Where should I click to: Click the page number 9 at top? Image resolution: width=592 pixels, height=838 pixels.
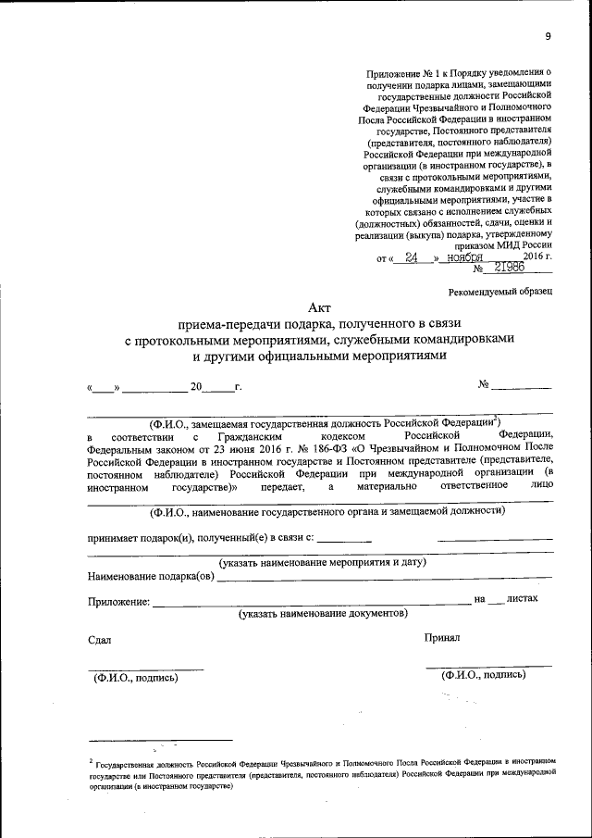pyautogui.click(x=548, y=36)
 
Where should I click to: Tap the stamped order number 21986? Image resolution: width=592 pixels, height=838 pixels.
pyautogui.click(x=510, y=267)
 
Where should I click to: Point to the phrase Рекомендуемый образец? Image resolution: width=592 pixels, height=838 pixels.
pyautogui.click(x=499, y=291)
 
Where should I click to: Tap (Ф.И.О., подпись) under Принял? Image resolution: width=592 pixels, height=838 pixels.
pyautogui.click(x=484, y=675)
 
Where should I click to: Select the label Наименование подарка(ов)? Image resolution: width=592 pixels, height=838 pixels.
pyautogui.click(x=152, y=577)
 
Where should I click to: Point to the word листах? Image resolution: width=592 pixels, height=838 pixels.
pyautogui.click(x=523, y=599)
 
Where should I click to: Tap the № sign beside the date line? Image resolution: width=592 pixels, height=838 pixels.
pyautogui.click(x=483, y=384)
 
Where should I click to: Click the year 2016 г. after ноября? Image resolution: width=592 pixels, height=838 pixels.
pyautogui.click(x=534, y=256)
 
